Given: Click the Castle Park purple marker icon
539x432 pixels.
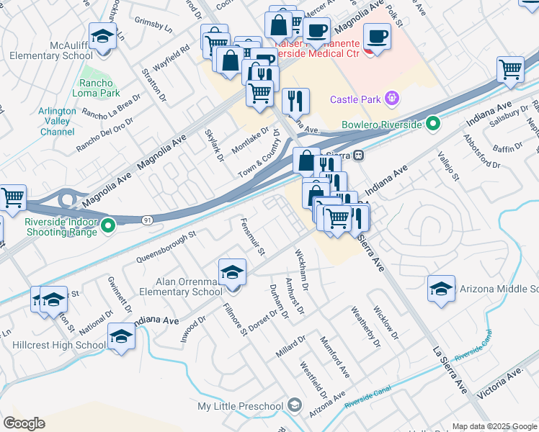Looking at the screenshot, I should (x=392, y=97).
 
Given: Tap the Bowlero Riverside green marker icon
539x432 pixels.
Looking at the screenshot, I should (x=433, y=125).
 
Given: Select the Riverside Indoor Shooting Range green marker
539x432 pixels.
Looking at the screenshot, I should (x=109, y=227).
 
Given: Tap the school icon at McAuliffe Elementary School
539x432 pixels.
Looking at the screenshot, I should (x=102, y=36).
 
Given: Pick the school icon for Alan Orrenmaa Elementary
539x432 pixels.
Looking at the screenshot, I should (x=233, y=272).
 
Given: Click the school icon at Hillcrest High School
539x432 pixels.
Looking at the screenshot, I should (x=121, y=336).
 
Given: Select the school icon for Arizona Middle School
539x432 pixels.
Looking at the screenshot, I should (x=441, y=288).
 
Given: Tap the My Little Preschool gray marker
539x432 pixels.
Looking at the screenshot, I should (x=294, y=406).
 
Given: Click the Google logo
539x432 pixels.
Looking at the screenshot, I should (x=24, y=423).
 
